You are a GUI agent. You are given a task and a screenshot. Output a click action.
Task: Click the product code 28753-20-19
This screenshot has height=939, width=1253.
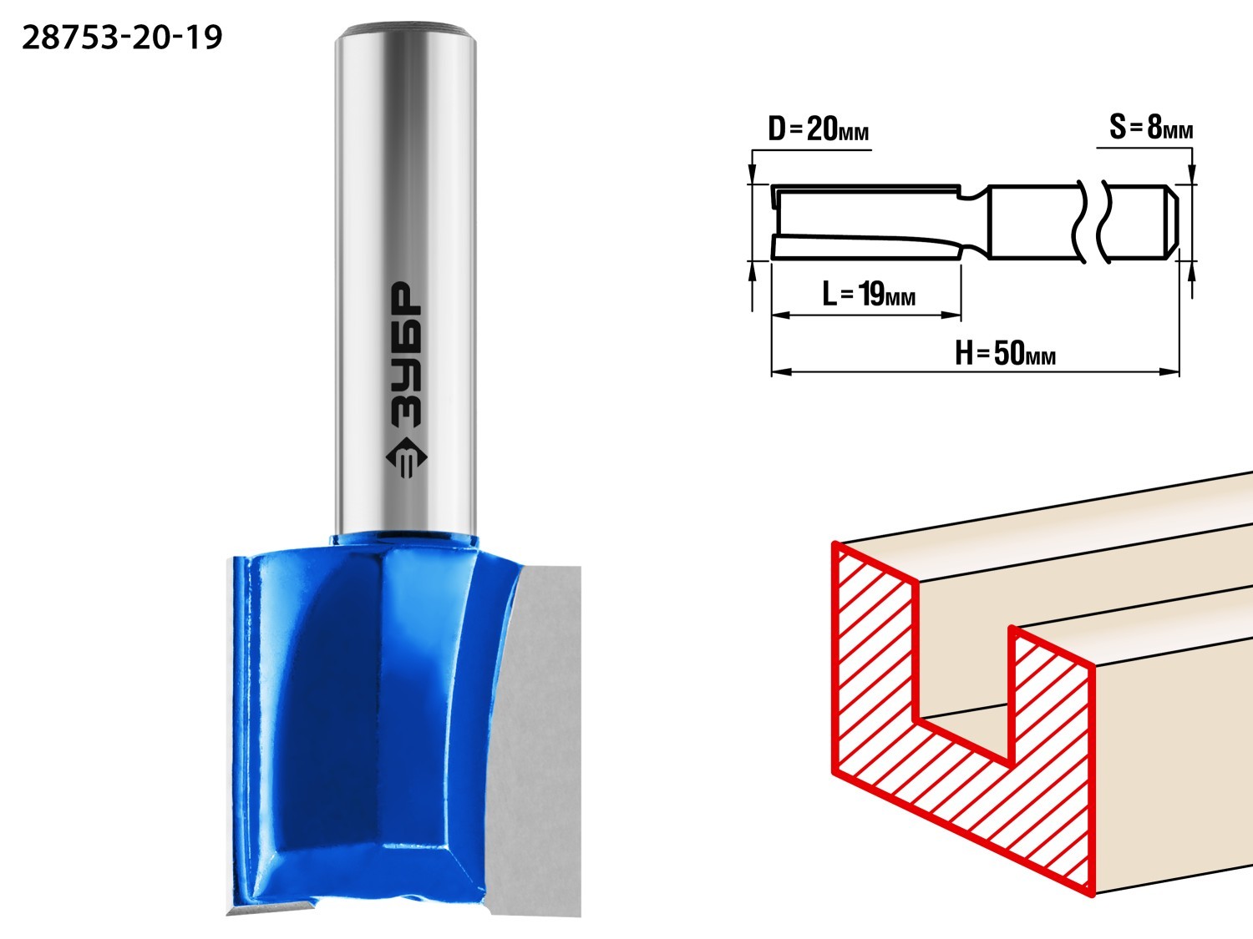pos(122,38)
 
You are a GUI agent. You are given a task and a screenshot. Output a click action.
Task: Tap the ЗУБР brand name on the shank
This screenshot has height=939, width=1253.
pos(407,355)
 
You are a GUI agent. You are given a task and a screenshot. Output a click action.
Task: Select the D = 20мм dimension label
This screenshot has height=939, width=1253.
pos(818,129)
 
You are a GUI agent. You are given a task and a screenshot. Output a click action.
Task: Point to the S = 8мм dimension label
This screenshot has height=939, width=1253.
pos(1151,127)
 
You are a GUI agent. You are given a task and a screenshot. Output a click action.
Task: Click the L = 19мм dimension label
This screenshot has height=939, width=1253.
pos(868,294)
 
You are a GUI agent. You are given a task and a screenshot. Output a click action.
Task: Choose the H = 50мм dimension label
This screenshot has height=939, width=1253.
pos(1005,353)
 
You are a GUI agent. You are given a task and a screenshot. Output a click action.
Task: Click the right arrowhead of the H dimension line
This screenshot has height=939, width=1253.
pos(1170,371)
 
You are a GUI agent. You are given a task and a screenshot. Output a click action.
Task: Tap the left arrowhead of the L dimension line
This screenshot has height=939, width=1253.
pos(780,314)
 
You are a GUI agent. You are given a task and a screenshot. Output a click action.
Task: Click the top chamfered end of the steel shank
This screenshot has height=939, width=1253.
pos(406,28)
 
